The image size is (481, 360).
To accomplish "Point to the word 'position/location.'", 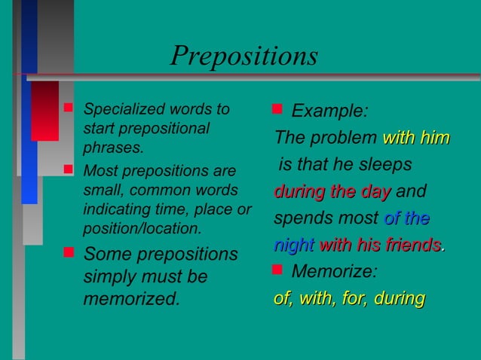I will pyautogui.click(x=142, y=227).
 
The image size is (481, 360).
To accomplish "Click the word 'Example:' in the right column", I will pyautogui.click(x=329, y=112).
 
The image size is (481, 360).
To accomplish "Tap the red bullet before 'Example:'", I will pyautogui.click(x=277, y=111).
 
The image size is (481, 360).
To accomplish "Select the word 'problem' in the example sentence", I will pyautogui.click(x=343, y=139).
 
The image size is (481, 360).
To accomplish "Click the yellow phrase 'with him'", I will pyautogui.click(x=416, y=139).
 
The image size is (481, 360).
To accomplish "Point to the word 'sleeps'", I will pyautogui.click(x=385, y=164).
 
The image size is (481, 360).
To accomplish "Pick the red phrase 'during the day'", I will pyautogui.click(x=332, y=191).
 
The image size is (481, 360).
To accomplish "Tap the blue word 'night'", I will pyautogui.click(x=294, y=246).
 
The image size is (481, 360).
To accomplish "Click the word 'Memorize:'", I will pyautogui.click(x=334, y=271).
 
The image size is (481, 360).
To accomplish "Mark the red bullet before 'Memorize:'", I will pyautogui.click(x=277, y=270).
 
